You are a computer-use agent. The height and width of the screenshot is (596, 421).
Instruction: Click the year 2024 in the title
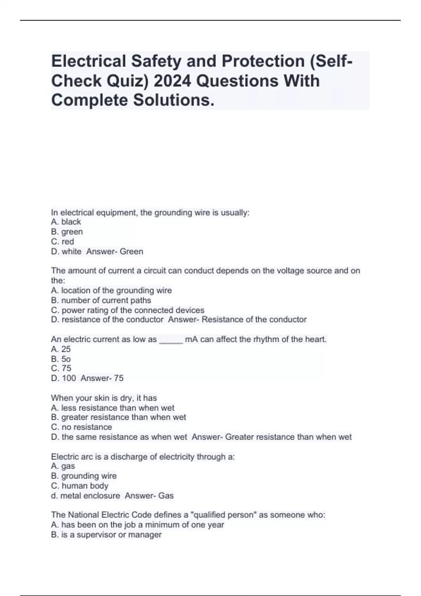tap(172, 81)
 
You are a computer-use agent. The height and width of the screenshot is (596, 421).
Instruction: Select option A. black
tap(66, 222)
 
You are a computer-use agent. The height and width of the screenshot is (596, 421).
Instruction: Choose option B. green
tap(67, 232)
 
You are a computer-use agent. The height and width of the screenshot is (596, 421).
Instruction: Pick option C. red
tap(62, 242)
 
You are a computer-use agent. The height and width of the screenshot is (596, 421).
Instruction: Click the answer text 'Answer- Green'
tap(115, 251)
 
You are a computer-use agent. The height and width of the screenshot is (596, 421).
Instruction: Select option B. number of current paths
tap(101, 300)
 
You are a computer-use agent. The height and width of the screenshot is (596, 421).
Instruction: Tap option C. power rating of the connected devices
tap(128, 310)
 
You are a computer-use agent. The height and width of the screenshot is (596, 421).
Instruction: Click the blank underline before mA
tap(171, 340)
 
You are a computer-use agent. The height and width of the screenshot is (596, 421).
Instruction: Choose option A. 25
tap(61, 349)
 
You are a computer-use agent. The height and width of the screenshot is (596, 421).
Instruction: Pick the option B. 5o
tap(61, 359)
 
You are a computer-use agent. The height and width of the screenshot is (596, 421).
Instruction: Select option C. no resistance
tap(81, 427)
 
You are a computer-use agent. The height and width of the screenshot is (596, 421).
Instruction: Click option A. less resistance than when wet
tap(113, 408)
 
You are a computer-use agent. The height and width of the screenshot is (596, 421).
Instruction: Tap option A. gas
tap(63, 466)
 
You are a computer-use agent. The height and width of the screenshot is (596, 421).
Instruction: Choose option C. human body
tap(80, 486)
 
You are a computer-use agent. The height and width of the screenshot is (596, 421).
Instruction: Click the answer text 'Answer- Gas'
tap(149, 496)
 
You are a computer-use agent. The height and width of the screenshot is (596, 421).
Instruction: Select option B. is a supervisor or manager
tap(106, 535)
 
